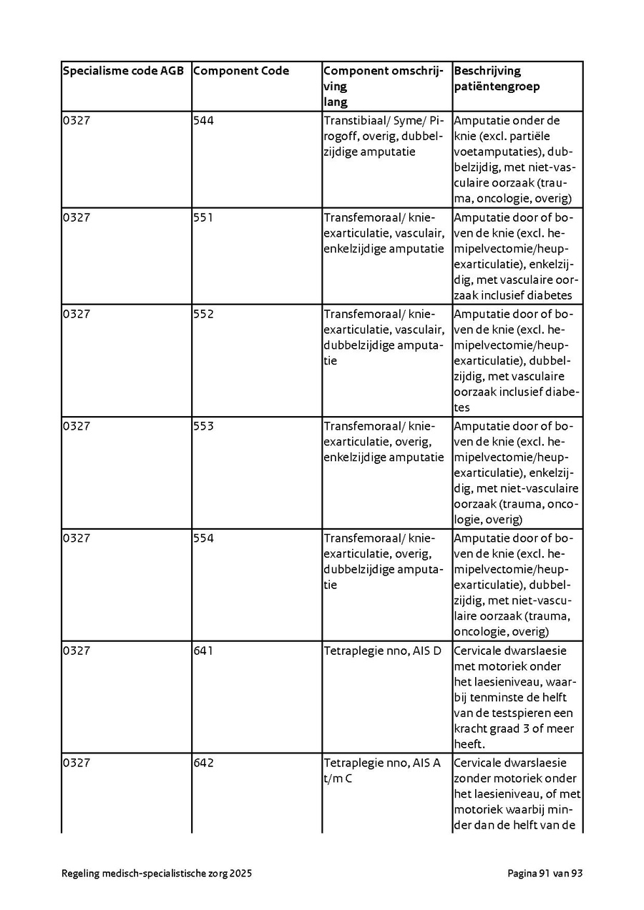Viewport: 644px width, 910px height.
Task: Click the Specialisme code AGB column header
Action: point(123,71)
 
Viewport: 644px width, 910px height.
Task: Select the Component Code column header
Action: point(241,71)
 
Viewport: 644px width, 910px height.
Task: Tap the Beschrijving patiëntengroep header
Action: point(497,79)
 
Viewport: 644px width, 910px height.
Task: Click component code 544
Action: point(203,120)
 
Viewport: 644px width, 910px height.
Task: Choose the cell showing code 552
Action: point(203,314)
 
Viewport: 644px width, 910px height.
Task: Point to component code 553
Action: point(203,426)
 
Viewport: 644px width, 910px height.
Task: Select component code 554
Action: point(203,538)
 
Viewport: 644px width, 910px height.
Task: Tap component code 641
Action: point(203,651)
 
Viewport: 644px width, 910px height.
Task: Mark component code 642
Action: point(203,763)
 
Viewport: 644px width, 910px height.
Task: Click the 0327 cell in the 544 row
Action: point(77,120)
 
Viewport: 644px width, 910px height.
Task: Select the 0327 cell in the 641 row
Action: point(77,651)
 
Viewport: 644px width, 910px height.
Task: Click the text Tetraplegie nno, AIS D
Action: point(382,651)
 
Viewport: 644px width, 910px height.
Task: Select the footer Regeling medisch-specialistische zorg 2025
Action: point(157,874)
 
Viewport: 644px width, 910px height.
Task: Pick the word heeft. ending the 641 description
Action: point(469,744)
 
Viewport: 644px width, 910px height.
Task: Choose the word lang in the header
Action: point(335,102)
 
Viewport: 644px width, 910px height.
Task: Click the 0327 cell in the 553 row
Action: point(77,426)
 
